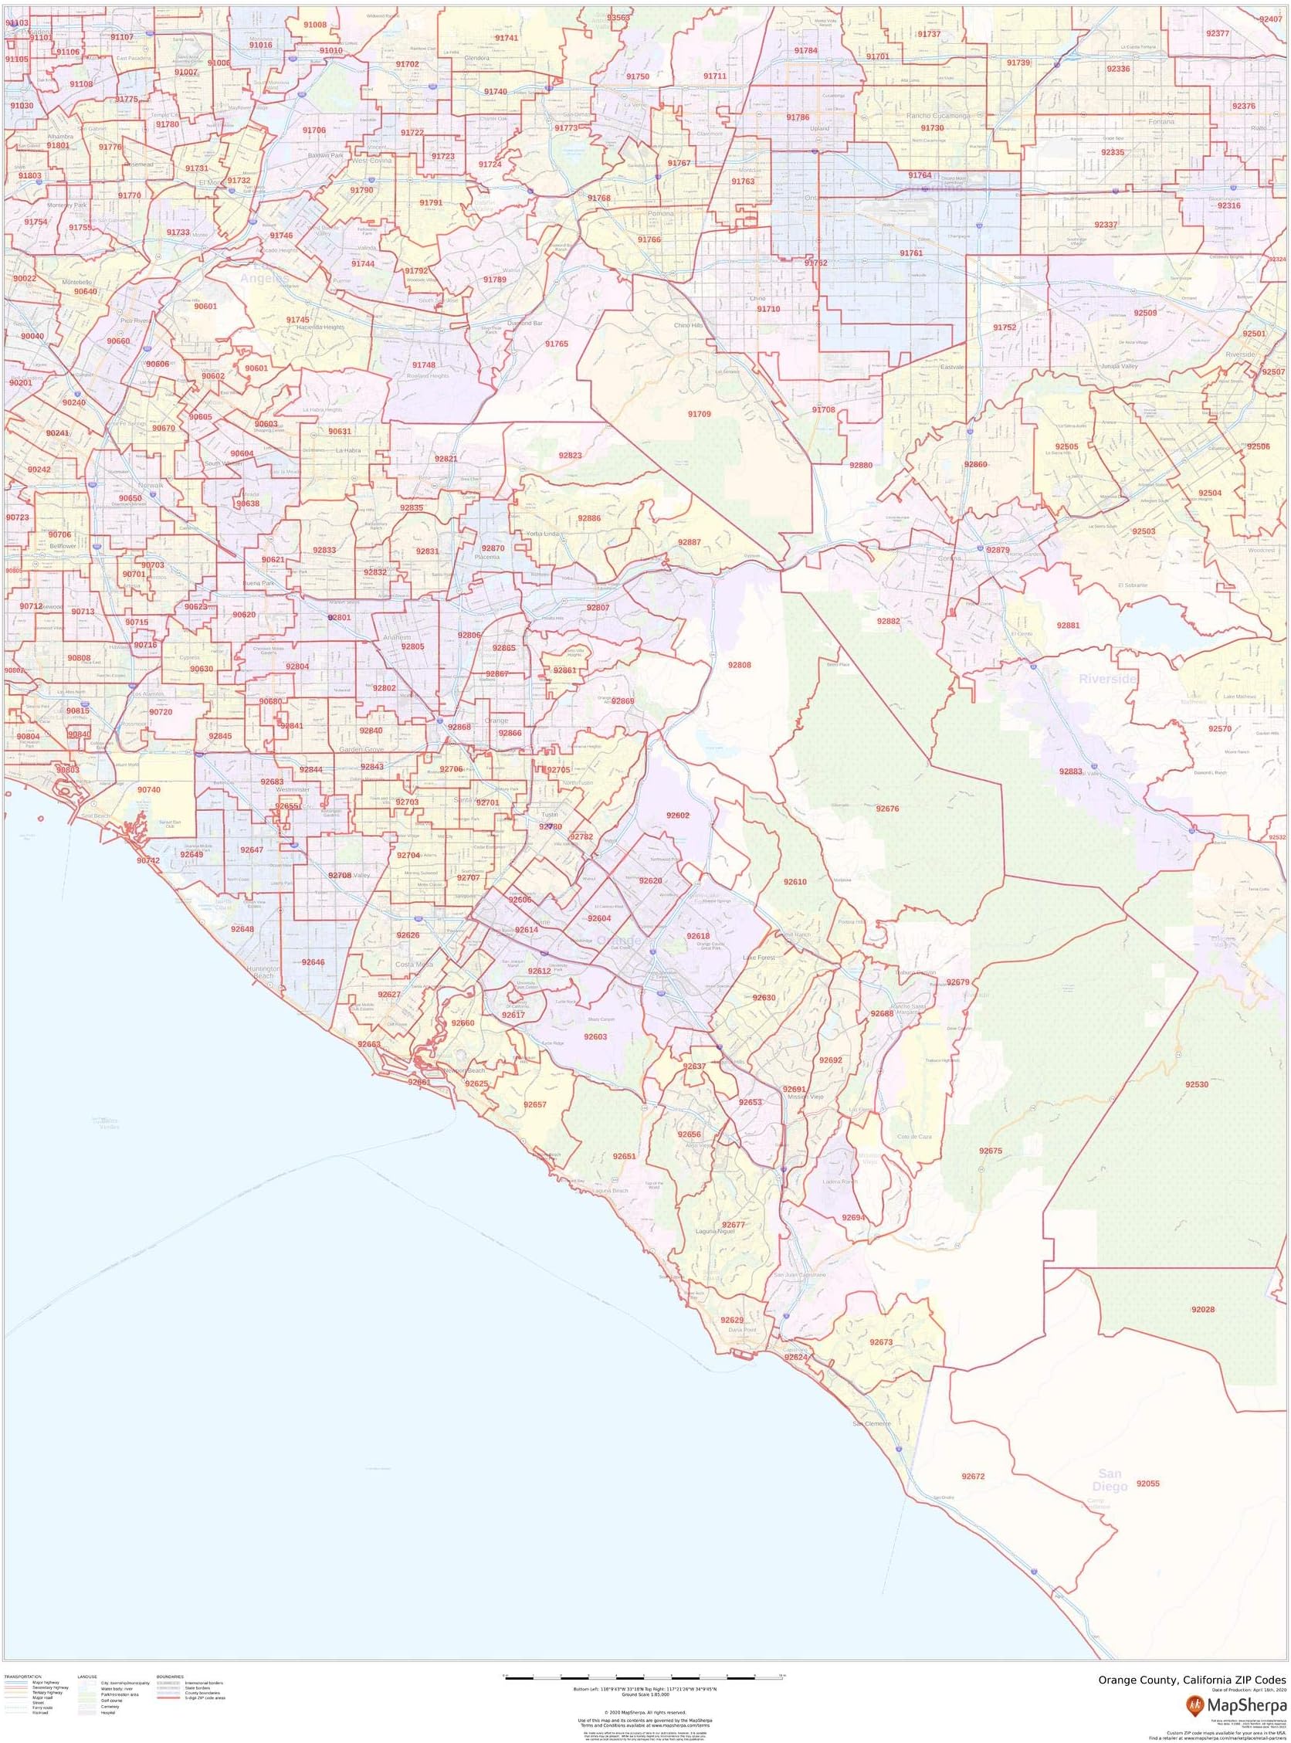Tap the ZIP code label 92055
pyautogui.click(x=1148, y=1484)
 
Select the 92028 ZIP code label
pyautogui.click(x=1203, y=1309)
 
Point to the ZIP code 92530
pyautogui.click(x=1197, y=1085)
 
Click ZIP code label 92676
pyautogui.click(x=888, y=809)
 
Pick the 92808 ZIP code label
pyautogui.click(x=739, y=665)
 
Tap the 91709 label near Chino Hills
pyautogui.click(x=700, y=413)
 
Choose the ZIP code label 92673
pyautogui.click(x=881, y=1342)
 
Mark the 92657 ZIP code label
pyautogui.click(x=535, y=1104)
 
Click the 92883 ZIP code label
pyautogui.click(x=1071, y=771)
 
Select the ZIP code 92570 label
pyautogui.click(x=1219, y=728)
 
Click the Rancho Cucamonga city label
pyautogui.click(x=938, y=116)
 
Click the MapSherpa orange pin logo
pyautogui.click(x=1194, y=1701)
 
